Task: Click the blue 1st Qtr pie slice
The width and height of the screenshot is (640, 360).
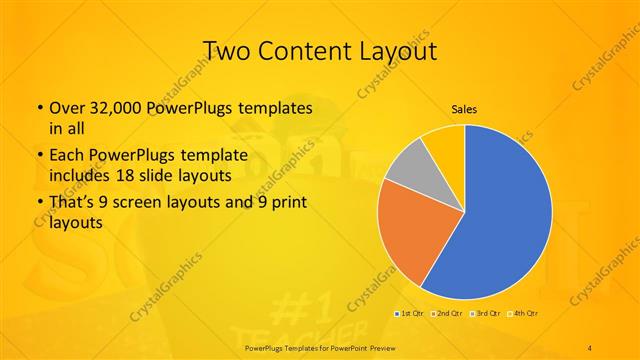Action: tap(500, 220)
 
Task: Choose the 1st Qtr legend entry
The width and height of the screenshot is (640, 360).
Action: tap(410, 314)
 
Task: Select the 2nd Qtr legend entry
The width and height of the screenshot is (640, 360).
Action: tap(446, 314)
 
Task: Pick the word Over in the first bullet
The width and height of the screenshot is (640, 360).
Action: tap(67, 107)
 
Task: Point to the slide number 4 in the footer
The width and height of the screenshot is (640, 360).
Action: tap(590, 347)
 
